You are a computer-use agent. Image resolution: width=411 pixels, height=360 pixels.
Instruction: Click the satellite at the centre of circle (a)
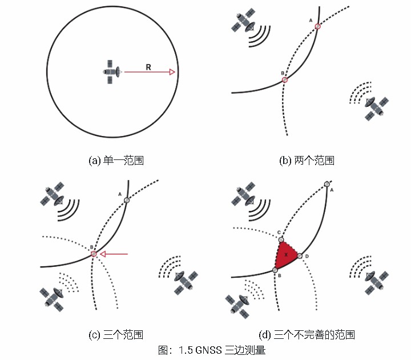[112, 72]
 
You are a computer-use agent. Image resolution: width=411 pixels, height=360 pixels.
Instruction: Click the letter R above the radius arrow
[148, 67]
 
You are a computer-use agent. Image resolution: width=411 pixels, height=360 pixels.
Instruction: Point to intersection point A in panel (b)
[318, 26]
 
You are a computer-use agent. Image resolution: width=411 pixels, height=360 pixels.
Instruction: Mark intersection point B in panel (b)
[285, 80]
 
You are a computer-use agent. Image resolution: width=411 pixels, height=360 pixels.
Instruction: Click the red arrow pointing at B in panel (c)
[114, 254]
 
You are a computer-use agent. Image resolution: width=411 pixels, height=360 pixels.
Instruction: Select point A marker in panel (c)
[127, 200]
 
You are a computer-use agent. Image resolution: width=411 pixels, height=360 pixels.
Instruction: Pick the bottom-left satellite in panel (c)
[52, 298]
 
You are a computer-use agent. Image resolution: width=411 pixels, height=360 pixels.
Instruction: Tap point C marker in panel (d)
[280, 239]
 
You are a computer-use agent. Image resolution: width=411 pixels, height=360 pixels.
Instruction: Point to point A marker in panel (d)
[326, 183]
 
